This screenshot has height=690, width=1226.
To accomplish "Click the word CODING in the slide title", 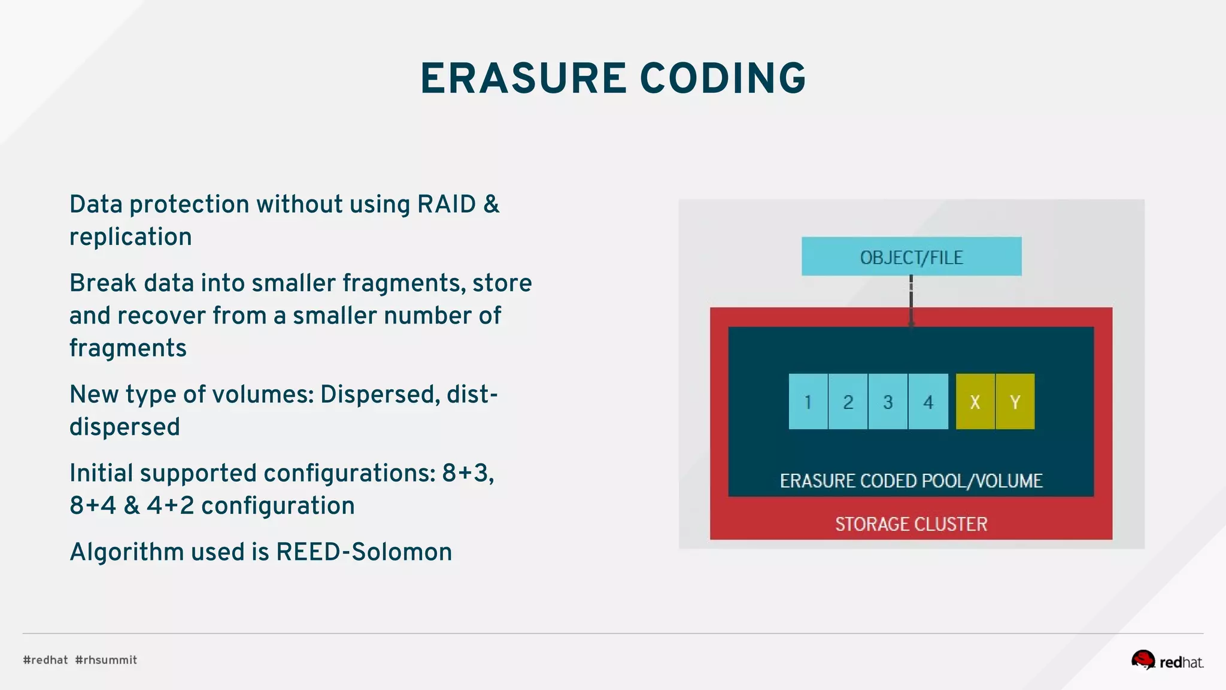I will [723, 79].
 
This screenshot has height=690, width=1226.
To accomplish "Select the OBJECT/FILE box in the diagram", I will [911, 257].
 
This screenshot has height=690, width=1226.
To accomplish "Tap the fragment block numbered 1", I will [808, 402].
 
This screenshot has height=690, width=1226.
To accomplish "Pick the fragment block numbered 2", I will [848, 402].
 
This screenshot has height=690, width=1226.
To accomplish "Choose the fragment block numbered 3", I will [888, 402].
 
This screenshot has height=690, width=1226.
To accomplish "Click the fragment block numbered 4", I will [928, 402].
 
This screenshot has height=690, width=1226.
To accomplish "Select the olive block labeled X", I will [975, 402].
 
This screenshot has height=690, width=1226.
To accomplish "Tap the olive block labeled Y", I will [1015, 402].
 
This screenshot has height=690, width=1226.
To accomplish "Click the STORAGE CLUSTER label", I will [911, 524].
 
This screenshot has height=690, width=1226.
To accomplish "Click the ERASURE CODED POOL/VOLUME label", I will [911, 481].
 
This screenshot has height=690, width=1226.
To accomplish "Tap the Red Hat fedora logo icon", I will [1143, 659].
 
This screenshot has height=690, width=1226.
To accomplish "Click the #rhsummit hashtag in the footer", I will [106, 660].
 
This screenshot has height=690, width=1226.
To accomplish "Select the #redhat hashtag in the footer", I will [45, 660].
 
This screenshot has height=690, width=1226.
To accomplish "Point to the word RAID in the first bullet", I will [446, 204].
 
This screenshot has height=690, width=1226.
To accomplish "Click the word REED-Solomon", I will [364, 552].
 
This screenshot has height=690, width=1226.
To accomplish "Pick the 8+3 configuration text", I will [468, 473].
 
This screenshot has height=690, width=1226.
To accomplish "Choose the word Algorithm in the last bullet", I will [126, 552].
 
